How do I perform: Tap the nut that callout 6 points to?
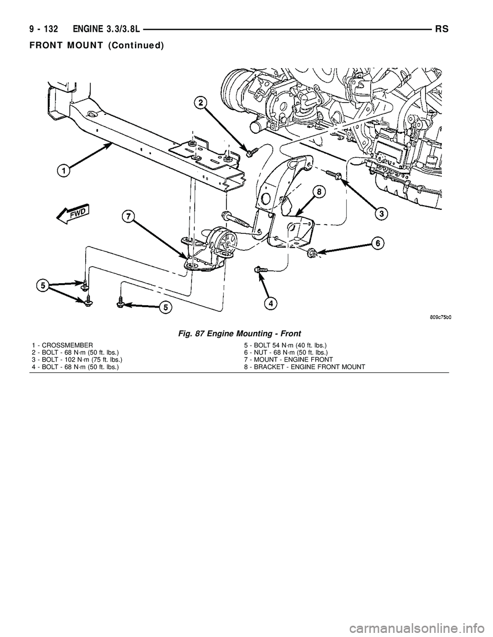click(312, 252)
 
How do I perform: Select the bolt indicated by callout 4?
click(260, 269)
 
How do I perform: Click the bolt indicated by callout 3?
click(336, 175)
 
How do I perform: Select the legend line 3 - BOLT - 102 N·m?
click(76, 360)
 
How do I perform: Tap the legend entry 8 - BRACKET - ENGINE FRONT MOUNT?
click(305, 367)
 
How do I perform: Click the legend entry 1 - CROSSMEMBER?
click(62, 346)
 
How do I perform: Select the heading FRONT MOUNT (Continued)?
click(97, 45)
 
